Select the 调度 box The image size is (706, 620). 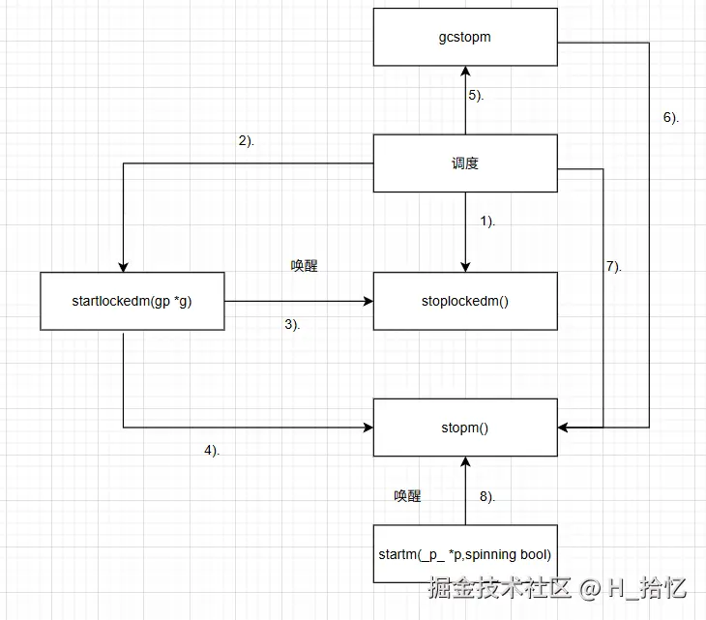coord(465,163)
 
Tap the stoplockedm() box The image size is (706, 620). coord(465,301)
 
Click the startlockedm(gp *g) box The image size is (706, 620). coord(132,301)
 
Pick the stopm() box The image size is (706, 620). coord(465,426)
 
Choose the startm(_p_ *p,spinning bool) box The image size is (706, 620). coord(465,554)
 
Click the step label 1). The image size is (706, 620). coord(487,221)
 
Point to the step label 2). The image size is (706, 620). coord(246,141)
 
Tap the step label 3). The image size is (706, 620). coord(292,325)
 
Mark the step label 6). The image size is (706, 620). coord(671,117)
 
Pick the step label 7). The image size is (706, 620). coord(613,266)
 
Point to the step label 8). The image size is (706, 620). coord(487,497)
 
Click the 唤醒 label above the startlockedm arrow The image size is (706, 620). coord(304,266)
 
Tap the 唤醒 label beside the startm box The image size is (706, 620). coord(407,496)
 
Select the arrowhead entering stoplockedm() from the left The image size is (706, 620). coord(368,301)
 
